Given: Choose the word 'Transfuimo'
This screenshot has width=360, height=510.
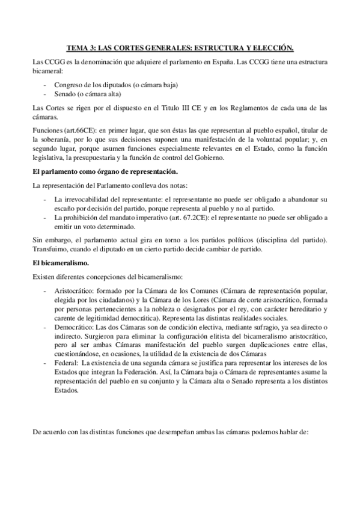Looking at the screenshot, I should click(51, 249).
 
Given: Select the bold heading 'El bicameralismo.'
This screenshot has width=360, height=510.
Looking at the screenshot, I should click(60, 263).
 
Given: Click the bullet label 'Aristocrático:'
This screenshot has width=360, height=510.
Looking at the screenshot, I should click(75, 290).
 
